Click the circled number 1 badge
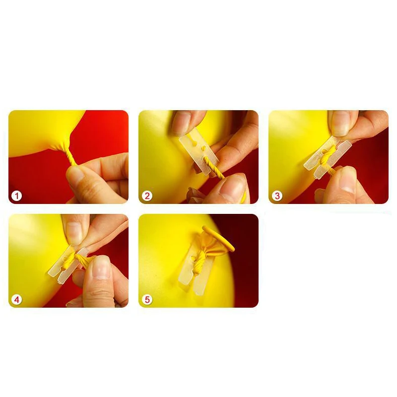[x=17, y=196]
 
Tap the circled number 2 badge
[x=147, y=196]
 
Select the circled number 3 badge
[x=277, y=196]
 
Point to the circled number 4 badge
[x=17, y=300]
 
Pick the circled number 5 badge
[x=147, y=300]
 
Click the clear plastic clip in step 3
[x=328, y=158]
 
